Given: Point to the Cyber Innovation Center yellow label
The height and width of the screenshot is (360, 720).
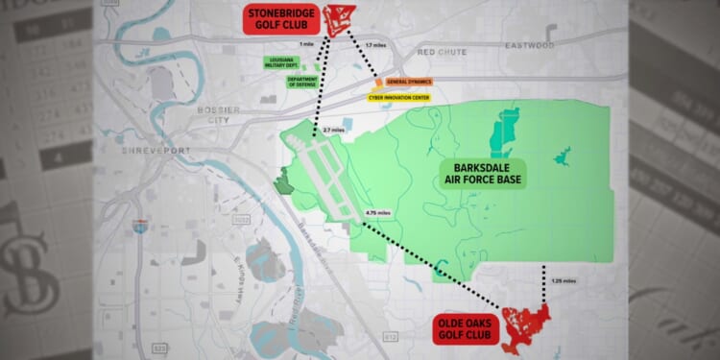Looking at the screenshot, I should [399, 97].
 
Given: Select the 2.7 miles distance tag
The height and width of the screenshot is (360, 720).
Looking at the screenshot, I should [334, 130].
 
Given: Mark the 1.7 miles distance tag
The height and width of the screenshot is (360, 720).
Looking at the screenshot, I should [376, 45].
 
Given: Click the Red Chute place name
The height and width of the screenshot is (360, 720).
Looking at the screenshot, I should [441, 48].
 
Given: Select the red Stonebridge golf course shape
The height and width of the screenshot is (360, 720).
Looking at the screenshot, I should [338, 19].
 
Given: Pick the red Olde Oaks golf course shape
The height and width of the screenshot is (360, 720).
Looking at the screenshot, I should [524, 324].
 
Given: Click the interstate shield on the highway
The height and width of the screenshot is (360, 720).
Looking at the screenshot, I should [141, 228].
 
